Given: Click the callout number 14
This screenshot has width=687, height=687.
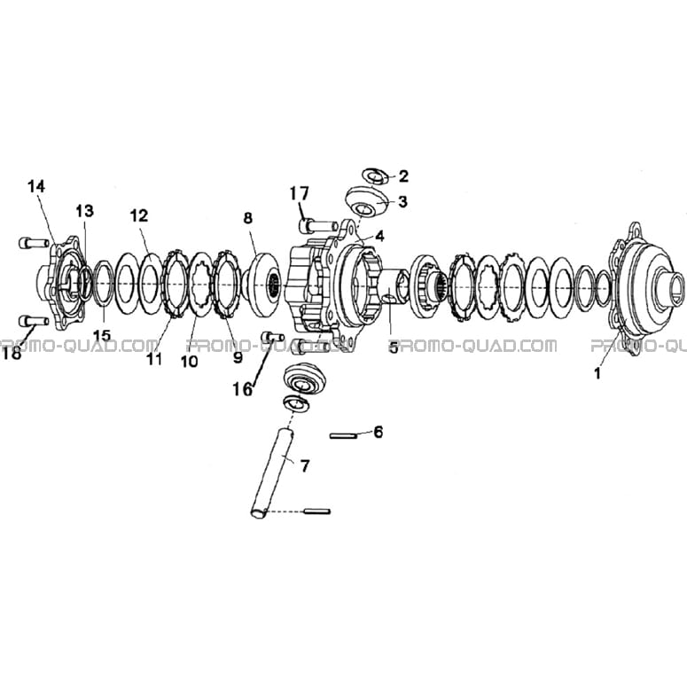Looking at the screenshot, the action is click(x=36, y=187).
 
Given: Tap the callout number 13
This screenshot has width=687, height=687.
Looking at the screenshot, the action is click(x=85, y=211).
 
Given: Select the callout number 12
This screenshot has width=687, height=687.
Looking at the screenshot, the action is click(x=139, y=216).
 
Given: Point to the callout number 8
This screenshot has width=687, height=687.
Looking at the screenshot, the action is click(x=248, y=218).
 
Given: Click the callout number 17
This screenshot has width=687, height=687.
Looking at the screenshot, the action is click(x=300, y=192).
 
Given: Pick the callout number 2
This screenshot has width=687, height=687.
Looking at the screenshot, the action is click(x=403, y=176).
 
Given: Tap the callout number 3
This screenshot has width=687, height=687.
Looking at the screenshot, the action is click(x=403, y=201).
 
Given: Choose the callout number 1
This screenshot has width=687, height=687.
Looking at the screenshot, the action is click(x=597, y=373).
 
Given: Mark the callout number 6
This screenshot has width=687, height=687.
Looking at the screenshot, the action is click(x=379, y=432).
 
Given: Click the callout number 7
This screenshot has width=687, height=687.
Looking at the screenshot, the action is click(x=305, y=465).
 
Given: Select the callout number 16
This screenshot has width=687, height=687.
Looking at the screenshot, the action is click(x=243, y=388).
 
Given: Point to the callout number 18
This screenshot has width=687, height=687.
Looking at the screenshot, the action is click(x=12, y=354).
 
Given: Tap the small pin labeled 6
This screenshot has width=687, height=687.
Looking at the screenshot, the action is click(x=344, y=436).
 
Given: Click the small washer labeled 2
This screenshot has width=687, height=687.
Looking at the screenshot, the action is click(x=375, y=176).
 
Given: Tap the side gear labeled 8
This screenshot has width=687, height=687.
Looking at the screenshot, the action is click(x=262, y=285).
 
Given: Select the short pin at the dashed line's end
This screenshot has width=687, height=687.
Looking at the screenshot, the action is click(x=316, y=511).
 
